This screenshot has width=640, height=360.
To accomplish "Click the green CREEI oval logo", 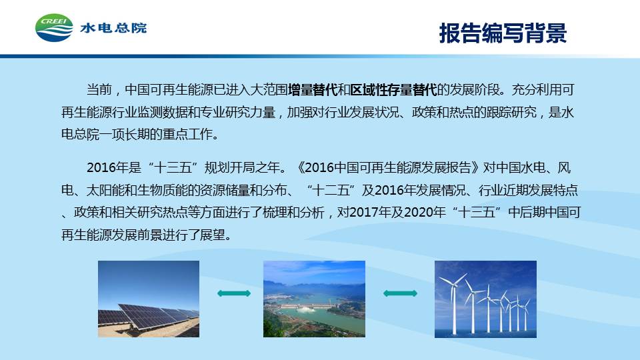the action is [x=54, y=28].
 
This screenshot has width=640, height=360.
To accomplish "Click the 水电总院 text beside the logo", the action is [x=113, y=28].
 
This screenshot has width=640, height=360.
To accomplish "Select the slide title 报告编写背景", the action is [x=503, y=33].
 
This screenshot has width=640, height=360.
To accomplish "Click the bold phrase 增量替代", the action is [x=313, y=90].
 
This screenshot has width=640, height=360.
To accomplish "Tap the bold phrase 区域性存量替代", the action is [x=393, y=90].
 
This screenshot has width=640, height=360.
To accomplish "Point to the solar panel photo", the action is [x=149, y=299].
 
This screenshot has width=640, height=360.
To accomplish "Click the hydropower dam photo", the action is [x=314, y=299].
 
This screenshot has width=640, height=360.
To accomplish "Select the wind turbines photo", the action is [x=485, y=299].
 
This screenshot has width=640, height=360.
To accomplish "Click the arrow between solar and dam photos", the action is [x=234, y=293].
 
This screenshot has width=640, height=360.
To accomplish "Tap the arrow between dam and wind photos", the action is [x=400, y=293].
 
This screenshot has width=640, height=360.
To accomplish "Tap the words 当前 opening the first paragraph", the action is [x=99, y=90].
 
